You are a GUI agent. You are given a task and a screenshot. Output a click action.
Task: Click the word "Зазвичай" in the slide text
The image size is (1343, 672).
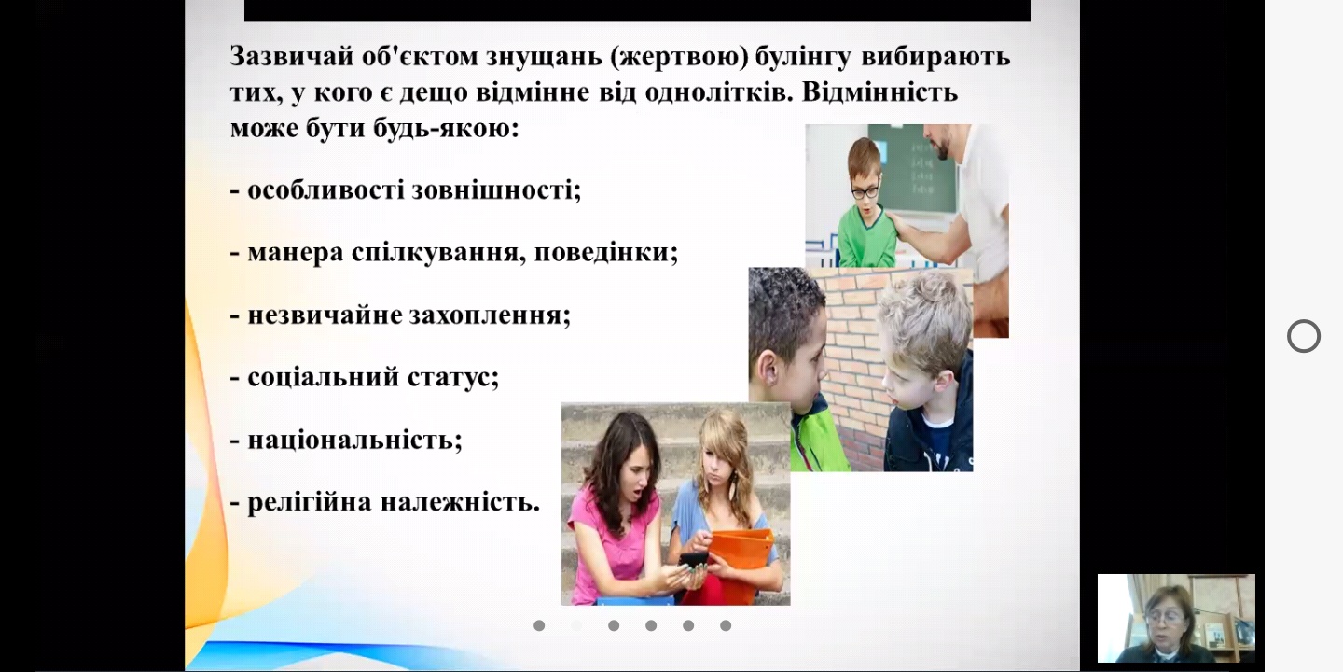pos(290,57)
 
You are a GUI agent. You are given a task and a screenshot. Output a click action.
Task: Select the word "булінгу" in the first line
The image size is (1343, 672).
pos(803,58)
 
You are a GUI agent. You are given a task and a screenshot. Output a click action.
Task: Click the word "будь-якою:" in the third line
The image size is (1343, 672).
pos(446,129)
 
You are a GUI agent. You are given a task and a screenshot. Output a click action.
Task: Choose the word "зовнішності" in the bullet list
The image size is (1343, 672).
pos(496,190)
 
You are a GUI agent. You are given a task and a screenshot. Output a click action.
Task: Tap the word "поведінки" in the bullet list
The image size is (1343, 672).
pos(605,253)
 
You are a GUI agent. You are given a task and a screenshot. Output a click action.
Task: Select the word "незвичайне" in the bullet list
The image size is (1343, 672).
pos(325,315)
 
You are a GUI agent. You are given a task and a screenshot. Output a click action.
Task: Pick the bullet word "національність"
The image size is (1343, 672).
pos(354,441)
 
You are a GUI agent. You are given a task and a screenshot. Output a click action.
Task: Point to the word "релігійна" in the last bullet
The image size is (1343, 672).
pos(310,503)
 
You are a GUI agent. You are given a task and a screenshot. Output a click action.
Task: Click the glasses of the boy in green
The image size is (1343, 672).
pos(865,192)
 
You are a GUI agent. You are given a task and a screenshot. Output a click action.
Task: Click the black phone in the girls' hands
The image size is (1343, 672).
pos(694,560)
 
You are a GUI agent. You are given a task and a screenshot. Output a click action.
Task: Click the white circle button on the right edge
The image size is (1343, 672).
pos(1304,336)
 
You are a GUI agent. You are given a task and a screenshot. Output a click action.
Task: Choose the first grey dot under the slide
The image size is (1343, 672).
pos(539,625)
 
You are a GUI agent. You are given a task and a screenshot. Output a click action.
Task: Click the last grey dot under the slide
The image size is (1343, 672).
pos(726,625)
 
